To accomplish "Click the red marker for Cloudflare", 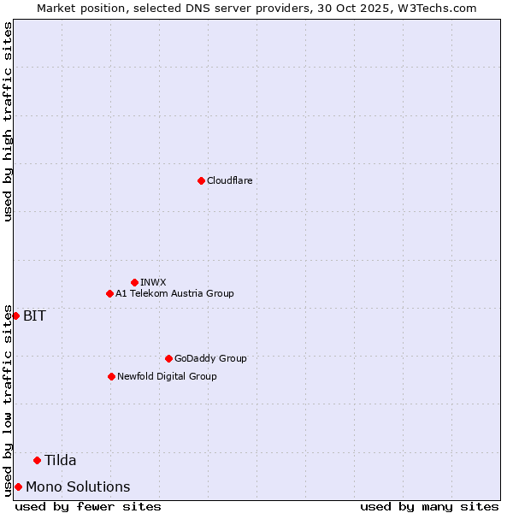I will pyautogui.click(x=201, y=180).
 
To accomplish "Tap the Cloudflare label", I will pyautogui.click(x=229, y=180).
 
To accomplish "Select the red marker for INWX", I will pyautogui.click(x=134, y=282).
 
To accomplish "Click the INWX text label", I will pyautogui.click(x=153, y=282).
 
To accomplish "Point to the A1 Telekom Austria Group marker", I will pyautogui.click(x=109, y=293).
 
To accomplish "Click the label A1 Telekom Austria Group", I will pyautogui.click(x=174, y=293).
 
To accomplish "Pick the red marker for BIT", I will pyautogui.click(x=15, y=315).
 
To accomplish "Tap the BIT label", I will pyautogui.click(x=34, y=315).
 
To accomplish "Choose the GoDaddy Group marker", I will pyautogui.click(x=168, y=358).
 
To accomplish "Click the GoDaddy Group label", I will pyautogui.click(x=210, y=358).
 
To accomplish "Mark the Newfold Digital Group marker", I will pyautogui.click(x=111, y=376).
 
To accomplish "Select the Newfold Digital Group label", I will pyautogui.click(x=167, y=376).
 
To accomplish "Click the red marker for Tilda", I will pyautogui.click(x=37, y=460).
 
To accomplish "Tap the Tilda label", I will pyautogui.click(x=61, y=460).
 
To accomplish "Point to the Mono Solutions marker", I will pyautogui.click(x=18, y=486).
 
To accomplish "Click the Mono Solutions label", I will pyautogui.click(x=78, y=486).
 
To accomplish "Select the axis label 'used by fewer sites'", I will pyautogui.click(x=88, y=506).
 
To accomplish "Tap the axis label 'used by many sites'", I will pyautogui.click(x=429, y=506).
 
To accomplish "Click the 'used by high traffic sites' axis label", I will pyautogui.click(x=8, y=121).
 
